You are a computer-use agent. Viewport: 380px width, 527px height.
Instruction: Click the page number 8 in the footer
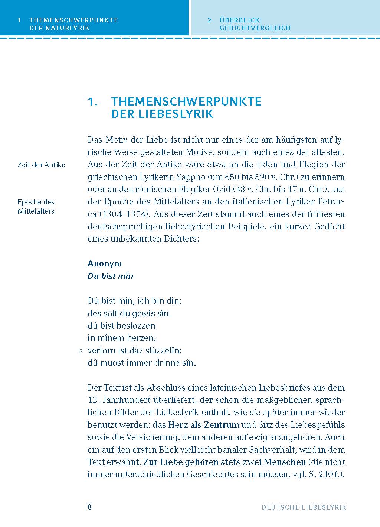point(89,507)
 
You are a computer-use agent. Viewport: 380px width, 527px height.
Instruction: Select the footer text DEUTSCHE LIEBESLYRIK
point(304,507)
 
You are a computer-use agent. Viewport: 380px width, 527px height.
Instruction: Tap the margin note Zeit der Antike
point(41,165)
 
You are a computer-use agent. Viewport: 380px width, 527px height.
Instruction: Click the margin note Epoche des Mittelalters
point(36,207)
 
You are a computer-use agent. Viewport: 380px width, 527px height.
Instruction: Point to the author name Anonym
point(105,263)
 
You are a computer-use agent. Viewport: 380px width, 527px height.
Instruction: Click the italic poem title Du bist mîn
point(110,276)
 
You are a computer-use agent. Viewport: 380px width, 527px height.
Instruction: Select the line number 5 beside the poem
point(81,351)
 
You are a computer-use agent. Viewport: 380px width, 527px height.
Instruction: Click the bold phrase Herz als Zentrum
point(203,425)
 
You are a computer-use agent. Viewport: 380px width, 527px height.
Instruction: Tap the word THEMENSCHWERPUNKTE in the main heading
point(186,101)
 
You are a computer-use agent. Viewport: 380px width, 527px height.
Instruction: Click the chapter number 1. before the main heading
point(92,101)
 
